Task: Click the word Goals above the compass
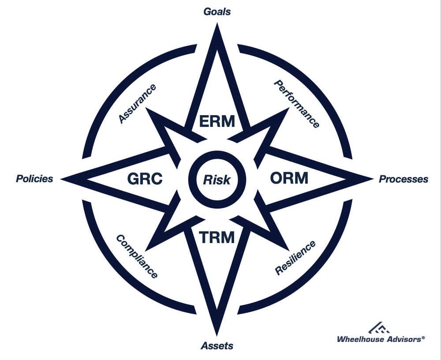click(217, 11)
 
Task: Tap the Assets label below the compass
click(217, 345)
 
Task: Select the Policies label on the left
click(34, 179)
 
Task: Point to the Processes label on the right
click(404, 179)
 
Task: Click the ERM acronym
click(217, 121)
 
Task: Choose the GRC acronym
click(145, 179)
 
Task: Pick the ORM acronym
click(289, 179)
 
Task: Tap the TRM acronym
click(217, 237)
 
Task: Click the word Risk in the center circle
click(217, 180)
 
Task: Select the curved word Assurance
click(137, 103)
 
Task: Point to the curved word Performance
click(296, 104)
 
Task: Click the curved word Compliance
click(137, 256)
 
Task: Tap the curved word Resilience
click(295, 258)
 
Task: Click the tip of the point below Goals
click(217, 25)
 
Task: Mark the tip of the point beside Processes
click(372, 179)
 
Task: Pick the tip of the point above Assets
click(217, 334)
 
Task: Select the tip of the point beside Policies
click(63, 179)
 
